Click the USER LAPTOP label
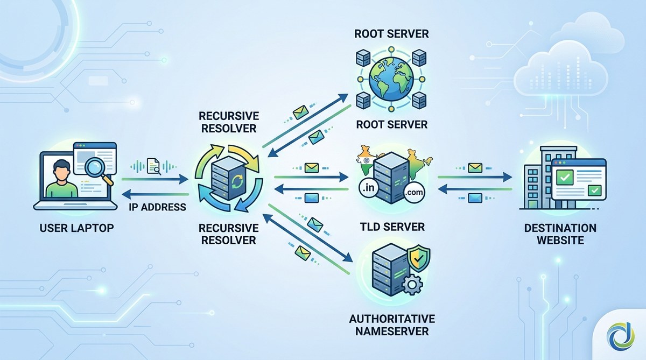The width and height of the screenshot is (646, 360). (77, 228)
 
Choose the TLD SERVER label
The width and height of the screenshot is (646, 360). (392, 227)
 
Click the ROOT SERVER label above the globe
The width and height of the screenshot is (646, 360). (391, 34)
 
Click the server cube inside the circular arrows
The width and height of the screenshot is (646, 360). (227, 178)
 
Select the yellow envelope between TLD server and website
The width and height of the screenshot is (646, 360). (474, 168)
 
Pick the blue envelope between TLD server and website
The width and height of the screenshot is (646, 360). (474, 199)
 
